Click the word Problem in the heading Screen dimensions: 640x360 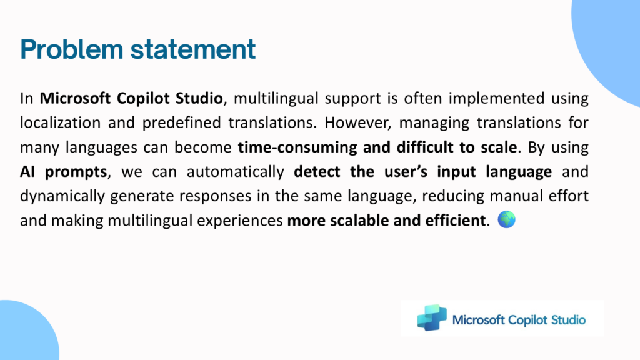click(72, 49)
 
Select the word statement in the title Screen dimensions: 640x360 click(193, 49)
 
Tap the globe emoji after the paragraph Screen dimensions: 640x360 click(506, 219)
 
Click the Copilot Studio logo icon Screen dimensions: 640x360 click(432, 317)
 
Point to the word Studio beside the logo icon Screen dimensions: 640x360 click(568, 320)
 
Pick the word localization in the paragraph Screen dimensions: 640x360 click(61, 122)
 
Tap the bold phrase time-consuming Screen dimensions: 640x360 click(297, 147)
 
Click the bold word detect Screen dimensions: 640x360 click(317, 171)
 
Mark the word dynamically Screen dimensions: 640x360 click(61, 196)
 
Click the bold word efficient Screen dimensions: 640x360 click(456, 221)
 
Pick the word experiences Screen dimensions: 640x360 click(240, 221)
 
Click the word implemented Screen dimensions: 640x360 click(496, 98)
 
